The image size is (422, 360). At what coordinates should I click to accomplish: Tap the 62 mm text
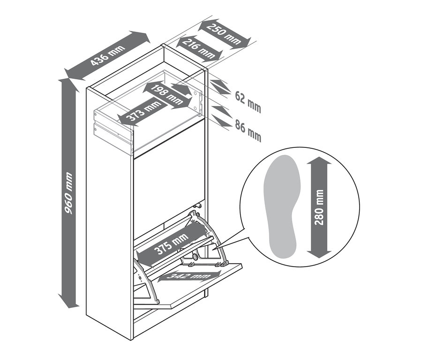pos(248,101)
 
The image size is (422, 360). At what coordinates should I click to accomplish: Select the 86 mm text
pos(248,130)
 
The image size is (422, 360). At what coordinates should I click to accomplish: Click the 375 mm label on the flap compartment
pos(171,244)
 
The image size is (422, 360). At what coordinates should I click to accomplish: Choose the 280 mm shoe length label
pos(319,207)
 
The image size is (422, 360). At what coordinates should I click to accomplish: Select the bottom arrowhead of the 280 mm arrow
pos(319,252)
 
